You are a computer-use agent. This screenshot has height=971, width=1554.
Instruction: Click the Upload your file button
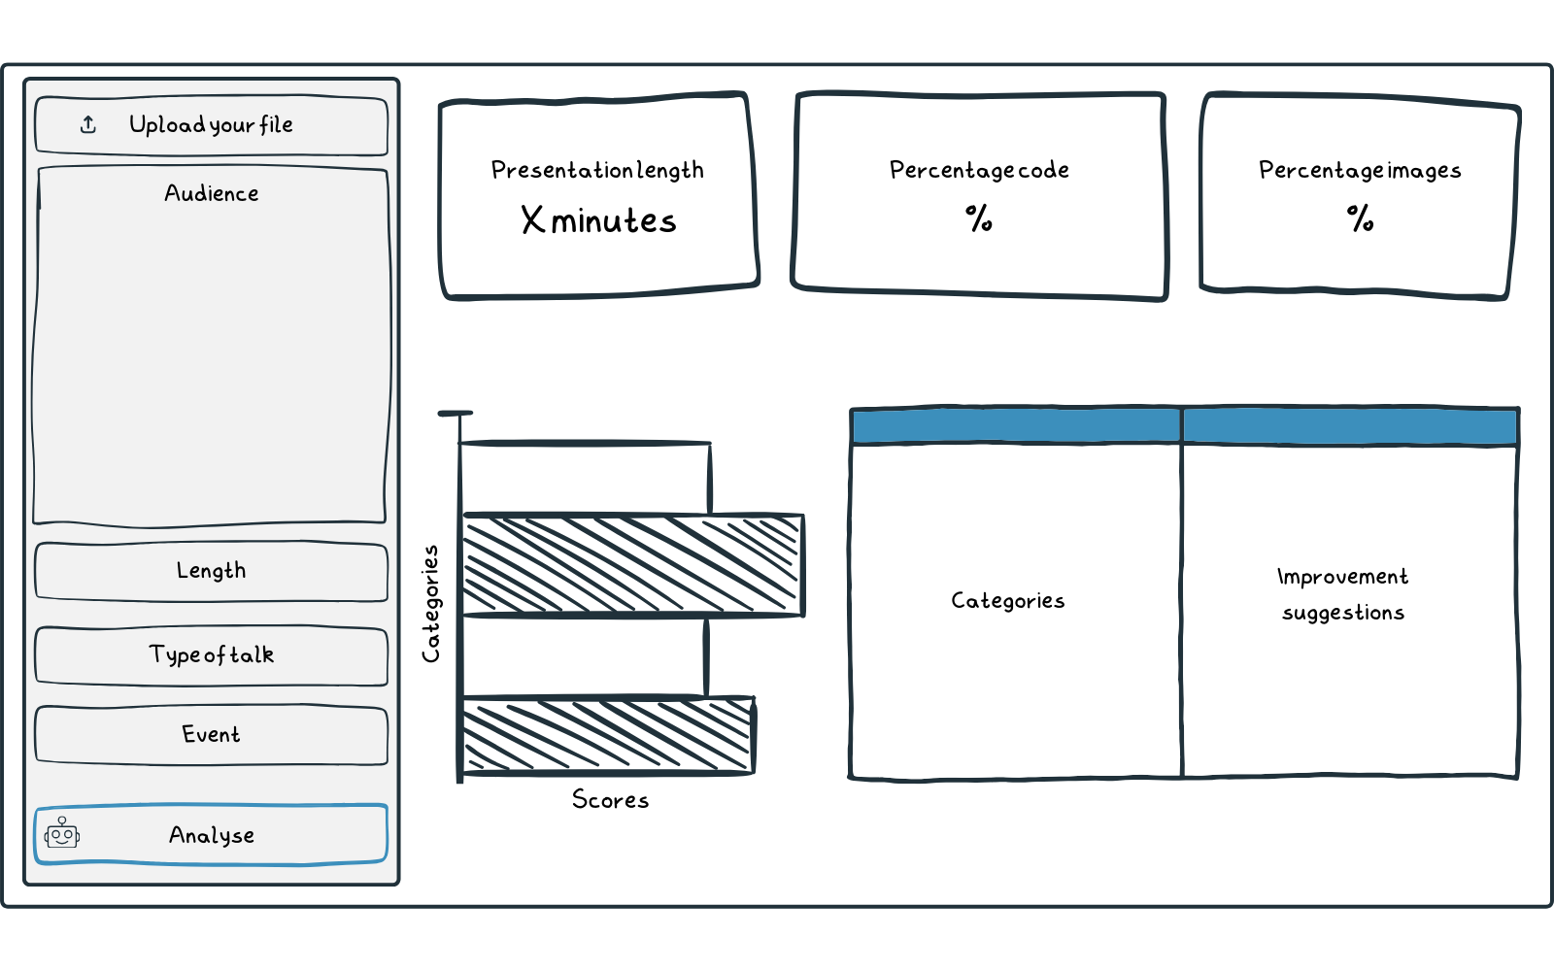tap(211, 125)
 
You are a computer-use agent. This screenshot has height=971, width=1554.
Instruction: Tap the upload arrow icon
tap(88, 125)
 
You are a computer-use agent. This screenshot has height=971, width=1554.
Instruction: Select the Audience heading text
tap(212, 193)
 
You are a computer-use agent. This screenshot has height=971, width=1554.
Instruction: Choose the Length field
tap(211, 571)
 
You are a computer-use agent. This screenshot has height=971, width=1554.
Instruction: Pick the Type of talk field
tap(211, 655)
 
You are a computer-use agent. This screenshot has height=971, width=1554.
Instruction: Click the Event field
tap(211, 735)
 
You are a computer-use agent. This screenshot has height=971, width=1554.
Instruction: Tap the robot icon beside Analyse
tap(62, 833)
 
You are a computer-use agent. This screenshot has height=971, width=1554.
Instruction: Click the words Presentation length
tap(597, 170)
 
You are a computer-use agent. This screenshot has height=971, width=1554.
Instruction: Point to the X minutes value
tap(598, 220)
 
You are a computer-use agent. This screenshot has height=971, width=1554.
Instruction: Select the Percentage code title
tap(979, 170)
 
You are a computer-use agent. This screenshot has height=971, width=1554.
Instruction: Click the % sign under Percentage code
tap(979, 218)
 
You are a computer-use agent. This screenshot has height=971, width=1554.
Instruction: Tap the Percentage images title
tap(1360, 170)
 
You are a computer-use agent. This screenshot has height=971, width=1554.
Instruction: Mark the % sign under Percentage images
tap(1360, 218)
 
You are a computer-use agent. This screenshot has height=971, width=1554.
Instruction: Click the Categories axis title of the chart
tap(430, 604)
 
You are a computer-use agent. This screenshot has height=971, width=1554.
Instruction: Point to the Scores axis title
tap(610, 800)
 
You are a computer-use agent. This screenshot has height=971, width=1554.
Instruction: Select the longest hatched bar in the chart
tap(632, 565)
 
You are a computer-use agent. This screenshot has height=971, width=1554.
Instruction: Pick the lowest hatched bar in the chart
tap(608, 735)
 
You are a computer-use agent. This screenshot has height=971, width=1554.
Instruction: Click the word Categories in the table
tap(1008, 601)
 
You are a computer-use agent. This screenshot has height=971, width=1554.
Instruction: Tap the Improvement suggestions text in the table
tap(1343, 594)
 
